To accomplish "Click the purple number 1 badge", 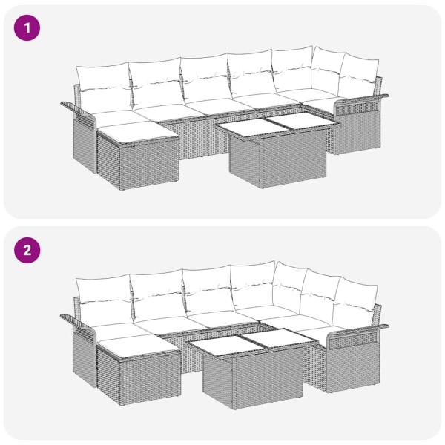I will click(28, 29).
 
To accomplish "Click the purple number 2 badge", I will click(28, 250).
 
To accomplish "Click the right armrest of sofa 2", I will click(358, 332).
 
